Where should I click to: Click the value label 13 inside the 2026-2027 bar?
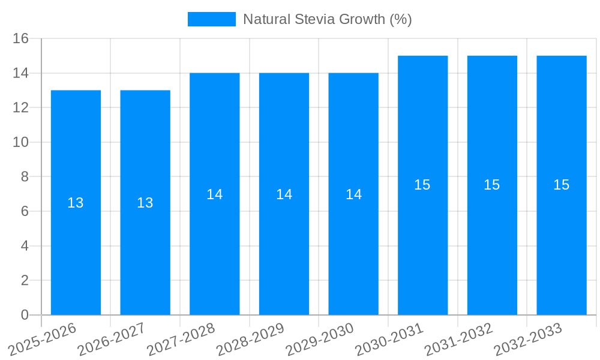(x=145, y=203)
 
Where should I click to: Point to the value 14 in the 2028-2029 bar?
(x=284, y=194)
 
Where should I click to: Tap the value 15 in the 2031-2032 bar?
(x=491, y=185)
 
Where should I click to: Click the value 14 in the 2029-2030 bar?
(x=353, y=194)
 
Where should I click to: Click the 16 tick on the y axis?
(x=21, y=38)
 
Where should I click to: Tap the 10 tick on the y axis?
(x=21, y=142)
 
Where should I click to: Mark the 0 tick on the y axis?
(x=25, y=315)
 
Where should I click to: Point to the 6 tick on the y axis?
(x=25, y=211)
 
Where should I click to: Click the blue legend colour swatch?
(x=211, y=19)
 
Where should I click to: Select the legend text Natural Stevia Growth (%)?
(x=327, y=19)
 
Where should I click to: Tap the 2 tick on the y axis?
(x=25, y=280)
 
